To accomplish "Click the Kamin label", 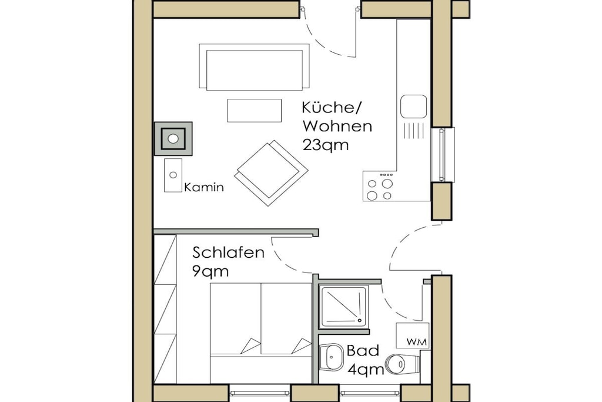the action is [204, 188].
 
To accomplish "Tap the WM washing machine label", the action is [417, 342].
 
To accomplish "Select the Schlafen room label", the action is [229, 253].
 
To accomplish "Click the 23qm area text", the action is [326, 145].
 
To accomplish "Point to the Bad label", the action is [363, 351].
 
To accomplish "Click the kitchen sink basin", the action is [413, 106].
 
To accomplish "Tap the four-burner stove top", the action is [380, 186].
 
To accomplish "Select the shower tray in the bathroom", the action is [343, 307].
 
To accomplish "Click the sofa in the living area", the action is [254, 67].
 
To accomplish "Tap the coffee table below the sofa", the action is [255, 110].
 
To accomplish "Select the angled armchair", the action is [271, 172].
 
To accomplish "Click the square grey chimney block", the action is [173, 139].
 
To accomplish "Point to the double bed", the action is [260, 333].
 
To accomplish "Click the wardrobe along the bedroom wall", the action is [165, 309].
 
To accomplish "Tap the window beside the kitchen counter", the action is [443, 154].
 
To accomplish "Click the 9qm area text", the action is [210, 272].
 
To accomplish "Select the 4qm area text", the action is [366, 370].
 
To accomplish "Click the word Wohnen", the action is [337, 126].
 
